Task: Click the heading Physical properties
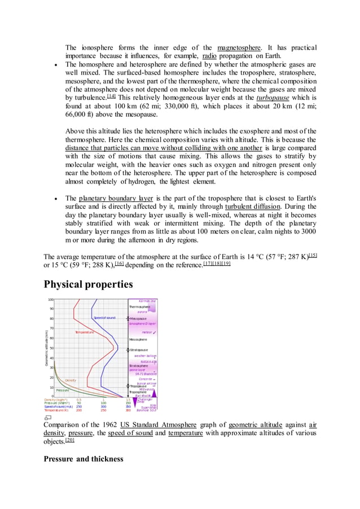click(88, 284)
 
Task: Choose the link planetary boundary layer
click(116, 199)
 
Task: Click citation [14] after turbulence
click(111, 96)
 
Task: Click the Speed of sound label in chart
click(104, 318)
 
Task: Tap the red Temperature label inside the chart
click(84, 332)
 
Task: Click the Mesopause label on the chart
click(138, 318)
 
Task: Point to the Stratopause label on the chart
click(139, 350)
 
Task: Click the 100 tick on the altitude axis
click(51, 300)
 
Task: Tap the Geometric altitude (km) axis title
click(46, 347)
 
